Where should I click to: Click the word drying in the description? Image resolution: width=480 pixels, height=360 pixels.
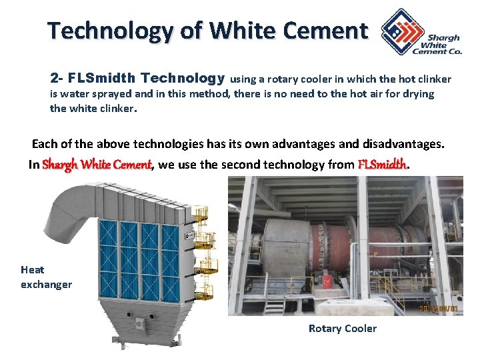418,94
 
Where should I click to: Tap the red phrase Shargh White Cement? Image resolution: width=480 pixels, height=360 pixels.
97,165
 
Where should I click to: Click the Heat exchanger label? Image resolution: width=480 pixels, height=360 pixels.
45,277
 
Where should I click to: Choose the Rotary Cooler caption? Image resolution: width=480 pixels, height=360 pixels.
342,328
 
